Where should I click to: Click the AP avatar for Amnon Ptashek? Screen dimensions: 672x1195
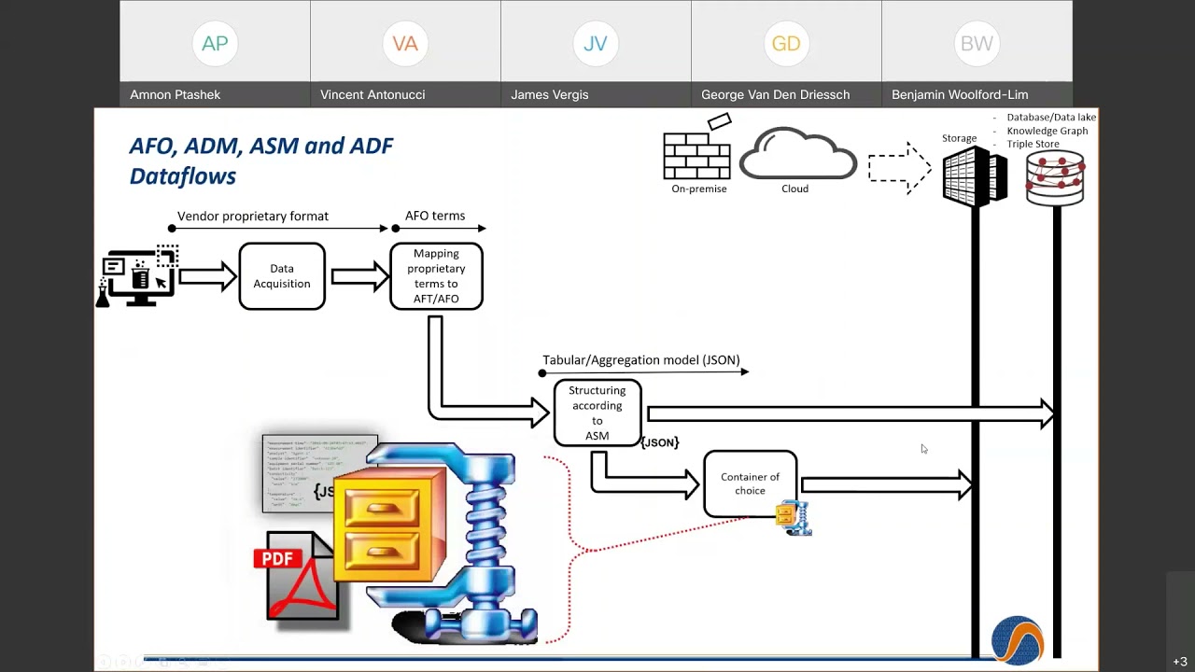click(215, 44)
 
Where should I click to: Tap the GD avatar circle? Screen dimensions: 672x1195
click(786, 44)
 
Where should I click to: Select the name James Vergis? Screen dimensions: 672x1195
click(549, 94)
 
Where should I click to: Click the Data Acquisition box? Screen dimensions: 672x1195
click(282, 276)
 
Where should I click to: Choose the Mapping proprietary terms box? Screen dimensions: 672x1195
click(436, 276)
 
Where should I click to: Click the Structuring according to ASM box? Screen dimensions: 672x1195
click(597, 413)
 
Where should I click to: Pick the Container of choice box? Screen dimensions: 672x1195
click(750, 483)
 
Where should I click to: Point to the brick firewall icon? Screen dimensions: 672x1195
click(696, 153)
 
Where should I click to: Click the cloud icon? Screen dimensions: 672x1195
click(797, 155)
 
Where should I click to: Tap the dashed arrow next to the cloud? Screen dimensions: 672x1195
click(899, 168)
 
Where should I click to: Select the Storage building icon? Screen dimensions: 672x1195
click(974, 175)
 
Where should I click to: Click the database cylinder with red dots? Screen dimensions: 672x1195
click(1055, 177)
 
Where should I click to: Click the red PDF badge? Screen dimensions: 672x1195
click(277, 558)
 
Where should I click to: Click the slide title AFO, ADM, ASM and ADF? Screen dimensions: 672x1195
click(260, 147)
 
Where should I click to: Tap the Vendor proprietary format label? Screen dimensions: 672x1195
click(253, 216)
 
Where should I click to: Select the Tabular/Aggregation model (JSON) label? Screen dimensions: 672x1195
click(640, 360)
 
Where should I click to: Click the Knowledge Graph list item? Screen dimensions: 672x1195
click(1047, 131)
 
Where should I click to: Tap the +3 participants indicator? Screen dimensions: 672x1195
click(1180, 662)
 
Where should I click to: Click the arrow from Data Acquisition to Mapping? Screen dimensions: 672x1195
click(359, 276)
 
